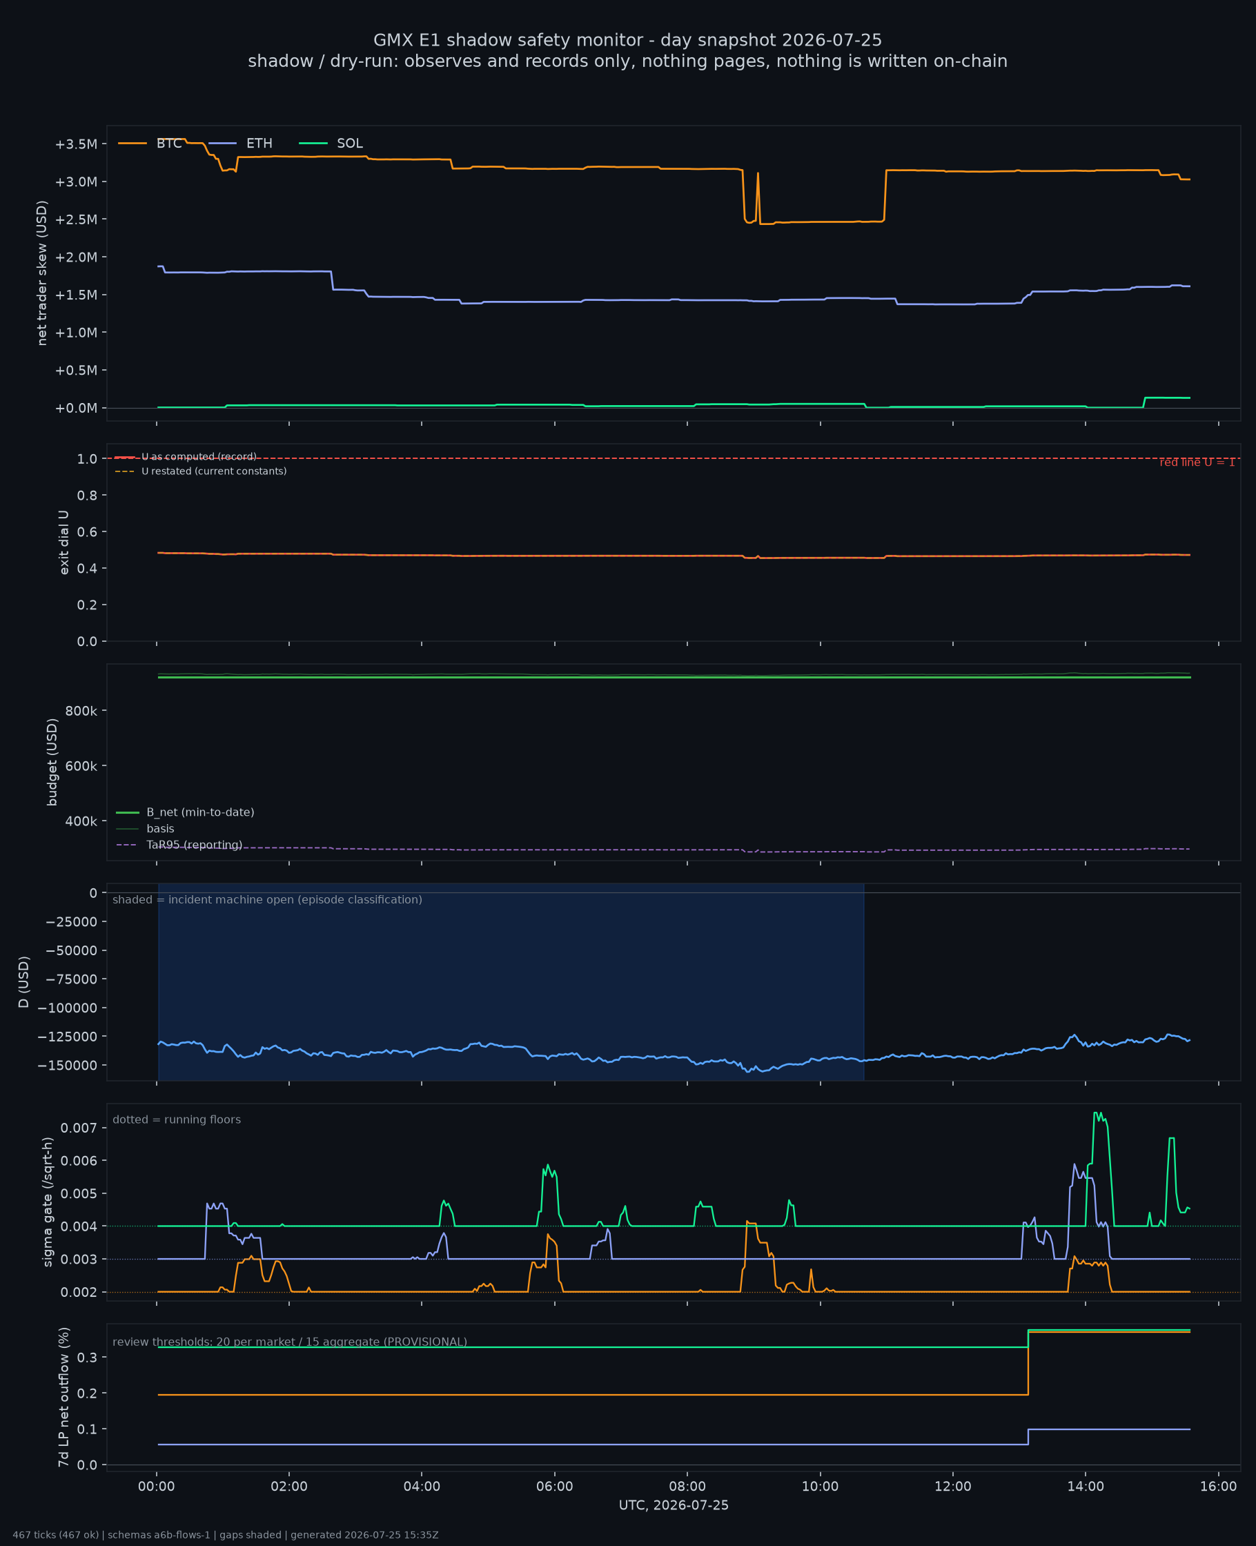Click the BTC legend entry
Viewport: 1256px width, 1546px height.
(x=150, y=144)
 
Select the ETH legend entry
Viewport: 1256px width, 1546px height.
(x=241, y=144)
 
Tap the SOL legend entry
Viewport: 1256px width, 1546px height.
(x=331, y=144)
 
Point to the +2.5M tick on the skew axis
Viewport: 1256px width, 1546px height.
(x=76, y=219)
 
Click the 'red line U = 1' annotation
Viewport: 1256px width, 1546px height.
(x=1197, y=462)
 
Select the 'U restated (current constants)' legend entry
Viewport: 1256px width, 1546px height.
(x=200, y=471)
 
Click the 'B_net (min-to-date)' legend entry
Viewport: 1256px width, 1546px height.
(x=185, y=812)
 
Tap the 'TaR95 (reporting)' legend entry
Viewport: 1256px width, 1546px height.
(x=179, y=845)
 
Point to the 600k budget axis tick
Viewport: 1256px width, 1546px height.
(x=81, y=766)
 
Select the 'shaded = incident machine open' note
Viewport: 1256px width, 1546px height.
(x=267, y=900)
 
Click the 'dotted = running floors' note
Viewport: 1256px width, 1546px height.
(x=177, y=1120)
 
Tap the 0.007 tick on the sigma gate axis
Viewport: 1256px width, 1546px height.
(x=79, y=1128)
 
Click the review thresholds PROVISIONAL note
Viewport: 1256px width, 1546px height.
(x=289, y=1342)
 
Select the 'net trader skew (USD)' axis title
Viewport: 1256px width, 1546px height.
(x=42, y=273)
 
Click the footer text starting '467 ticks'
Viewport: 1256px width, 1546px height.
(x=225, y=1535)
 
